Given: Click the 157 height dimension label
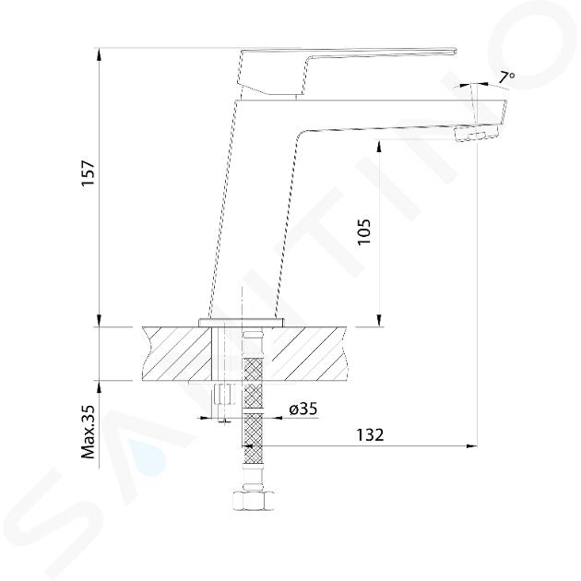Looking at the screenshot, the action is tap(89, 172).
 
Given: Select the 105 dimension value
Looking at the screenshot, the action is tap(363, 231).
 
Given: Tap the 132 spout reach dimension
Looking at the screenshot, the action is tap(370, 434).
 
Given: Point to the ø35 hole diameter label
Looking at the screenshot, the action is tap(303, 409).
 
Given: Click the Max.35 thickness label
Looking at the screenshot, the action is tap(89, 432).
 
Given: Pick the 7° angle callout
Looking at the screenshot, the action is tap(506, 77).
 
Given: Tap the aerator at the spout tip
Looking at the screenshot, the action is tap(476, 133).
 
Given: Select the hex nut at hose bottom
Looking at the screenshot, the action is tap(253, 502).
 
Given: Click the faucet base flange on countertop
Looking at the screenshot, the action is tap(242, 323).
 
